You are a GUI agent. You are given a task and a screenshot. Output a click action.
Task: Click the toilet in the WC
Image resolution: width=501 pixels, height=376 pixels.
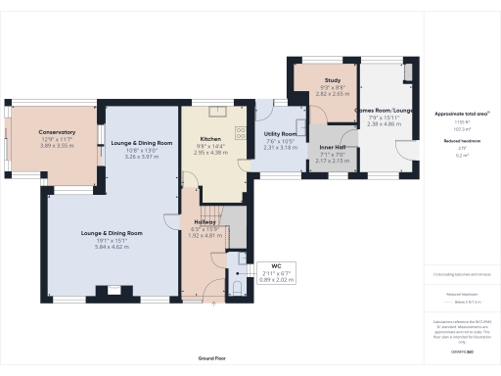point(238,286)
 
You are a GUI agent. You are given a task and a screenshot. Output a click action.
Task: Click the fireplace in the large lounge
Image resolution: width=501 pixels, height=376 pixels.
point(113,290)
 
